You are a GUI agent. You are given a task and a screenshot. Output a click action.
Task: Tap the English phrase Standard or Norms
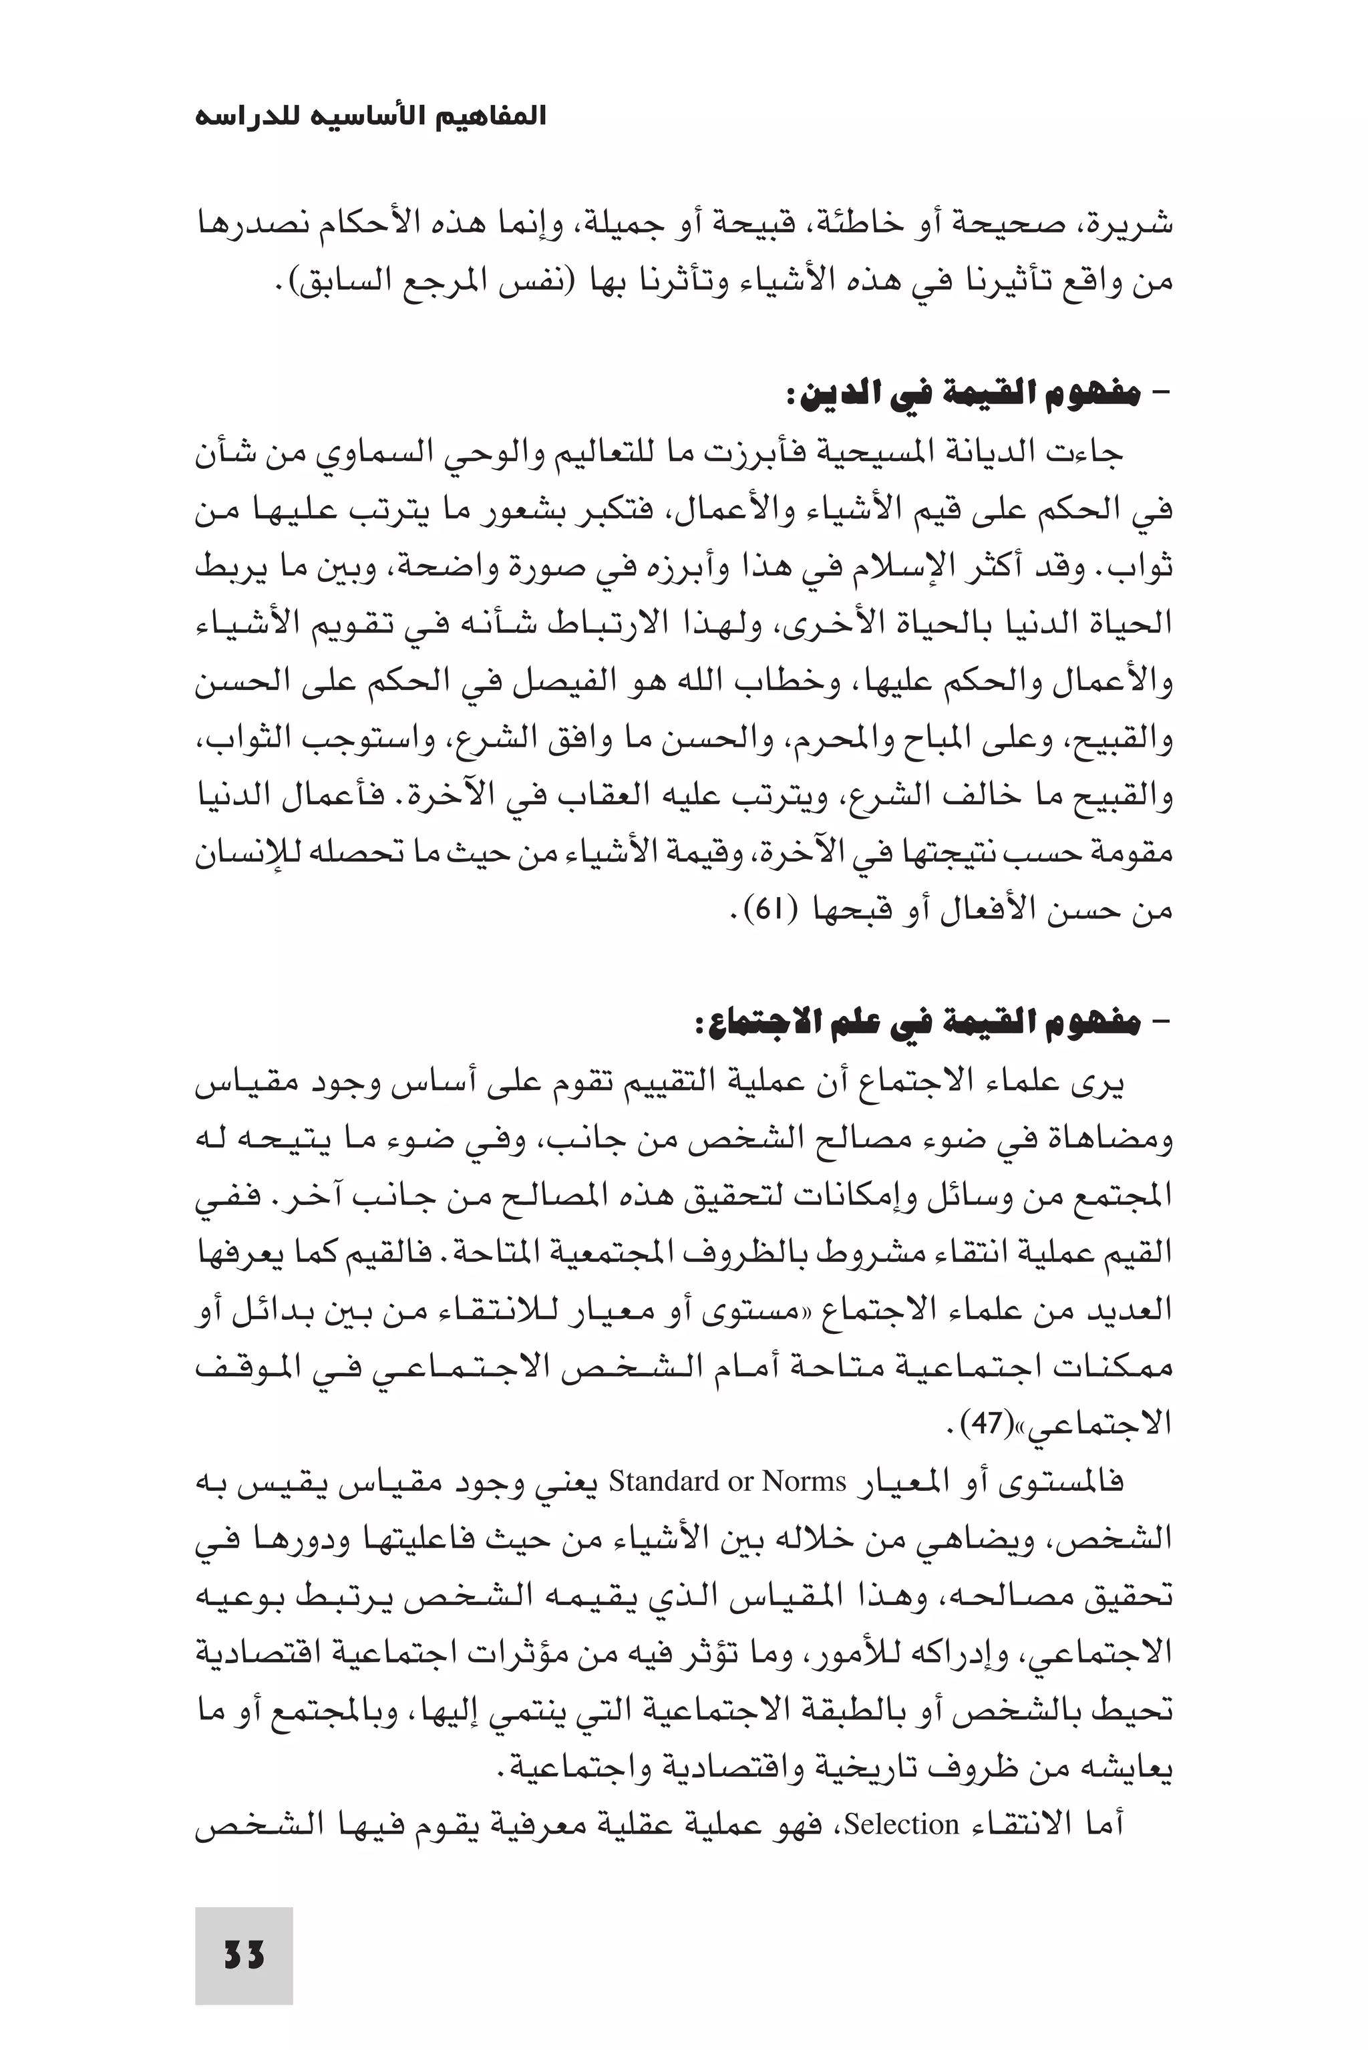tap(727, 1482)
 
